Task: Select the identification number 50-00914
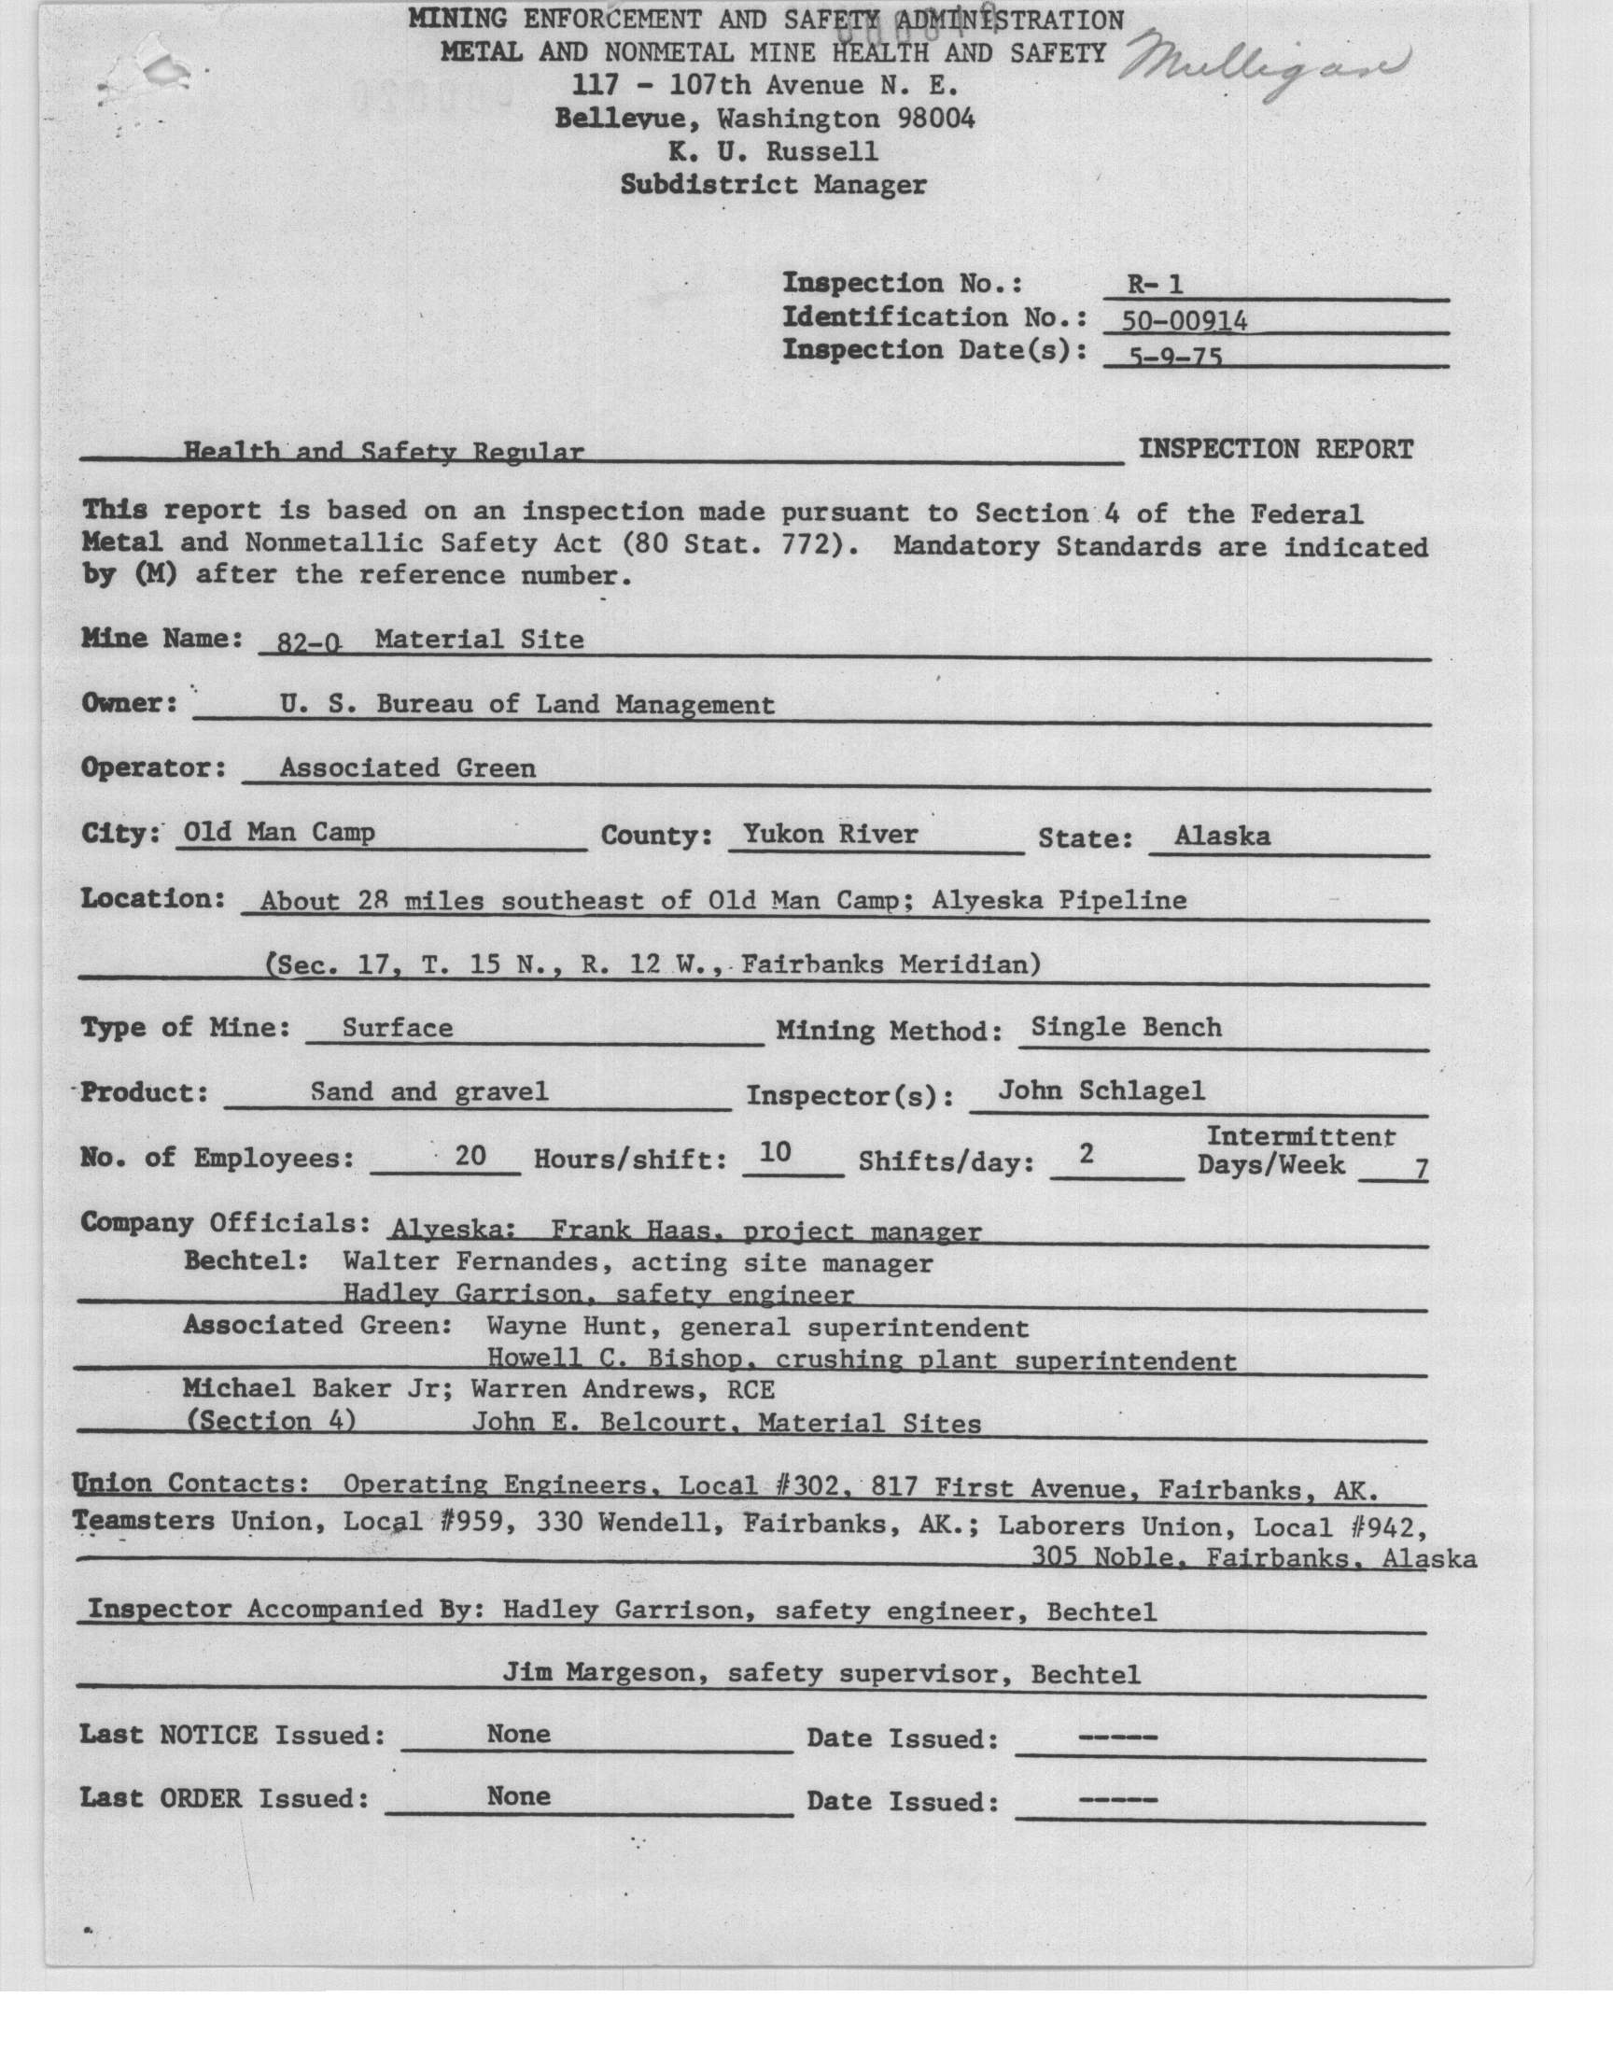(1185, 321)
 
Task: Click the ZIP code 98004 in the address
(936, 118)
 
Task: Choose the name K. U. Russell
(773, 151)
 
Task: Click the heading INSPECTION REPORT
(1275, 449)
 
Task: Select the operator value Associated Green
(407, 767)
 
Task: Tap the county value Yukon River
(829, 834)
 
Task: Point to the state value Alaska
(1222, 836)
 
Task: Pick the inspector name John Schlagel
(1101, 1090)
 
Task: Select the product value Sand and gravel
(428, 1091)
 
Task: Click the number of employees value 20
(470, 1155)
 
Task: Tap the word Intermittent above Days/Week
(1300, 1136)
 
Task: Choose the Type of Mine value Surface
(398, 1028)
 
